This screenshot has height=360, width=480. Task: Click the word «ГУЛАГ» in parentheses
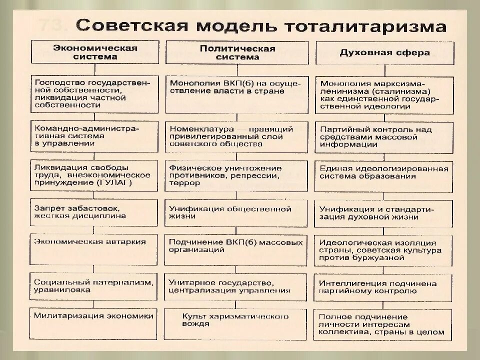tap(116, 183)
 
